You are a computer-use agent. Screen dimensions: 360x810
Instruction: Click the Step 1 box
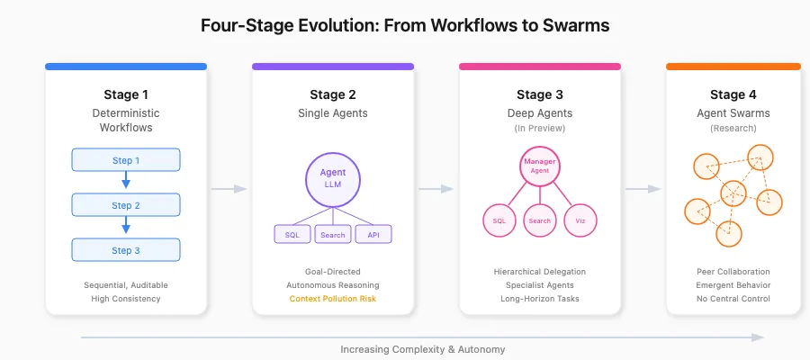click(x=126, y=160)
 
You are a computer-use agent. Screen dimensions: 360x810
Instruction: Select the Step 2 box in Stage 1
click(x=126, y=205)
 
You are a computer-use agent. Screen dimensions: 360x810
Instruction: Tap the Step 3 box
click(x=126, y=250)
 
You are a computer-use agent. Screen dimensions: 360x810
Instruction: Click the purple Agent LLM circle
click(x=333, y=177)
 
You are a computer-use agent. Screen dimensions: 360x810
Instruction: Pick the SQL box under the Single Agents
click(x=292, y=235)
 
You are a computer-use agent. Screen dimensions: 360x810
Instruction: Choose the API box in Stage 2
click(x=373, y=235)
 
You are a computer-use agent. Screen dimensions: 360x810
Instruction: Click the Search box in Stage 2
click(x=332, y=235)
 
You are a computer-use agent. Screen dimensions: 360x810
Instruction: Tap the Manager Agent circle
click(x=540, y=165)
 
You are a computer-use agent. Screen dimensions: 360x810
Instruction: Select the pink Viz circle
click(x=580, y=220)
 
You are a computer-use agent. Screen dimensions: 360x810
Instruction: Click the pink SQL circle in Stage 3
click(x=499, y=220)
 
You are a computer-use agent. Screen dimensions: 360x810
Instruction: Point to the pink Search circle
click(x=540, y=220)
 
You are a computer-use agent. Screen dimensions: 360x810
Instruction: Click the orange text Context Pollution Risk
click(x=333, y=298)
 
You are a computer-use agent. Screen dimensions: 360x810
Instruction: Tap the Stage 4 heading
click(x=733, y=94)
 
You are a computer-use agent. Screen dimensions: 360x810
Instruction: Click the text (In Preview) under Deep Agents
click(x=540, y=128)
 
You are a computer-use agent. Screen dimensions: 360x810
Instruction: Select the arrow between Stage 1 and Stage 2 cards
click(x=229, y=189)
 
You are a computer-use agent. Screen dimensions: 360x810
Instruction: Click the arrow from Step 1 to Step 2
click(x=126, y=182)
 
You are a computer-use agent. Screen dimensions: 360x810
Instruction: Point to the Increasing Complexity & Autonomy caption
click(x=423, y=349)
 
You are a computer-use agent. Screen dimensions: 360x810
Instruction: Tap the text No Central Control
click(x=733, y=298)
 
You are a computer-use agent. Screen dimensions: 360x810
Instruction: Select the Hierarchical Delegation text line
click(x=540, y=271)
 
